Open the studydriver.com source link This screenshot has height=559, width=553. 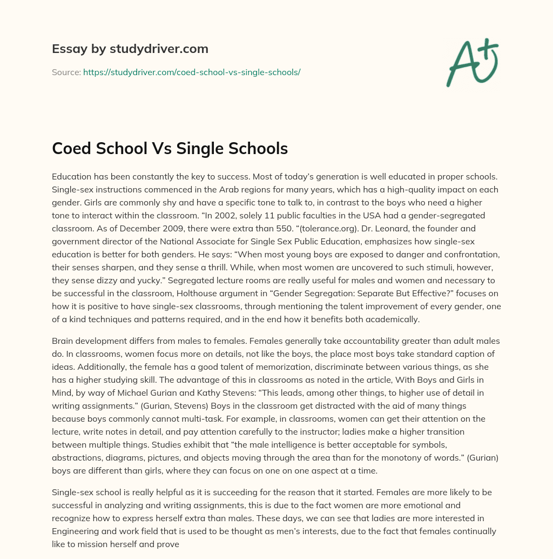(192, 72)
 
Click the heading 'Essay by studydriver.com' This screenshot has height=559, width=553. (130, 49)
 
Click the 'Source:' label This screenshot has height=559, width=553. (66, 72)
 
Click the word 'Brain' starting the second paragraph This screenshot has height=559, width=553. (64, 341)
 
